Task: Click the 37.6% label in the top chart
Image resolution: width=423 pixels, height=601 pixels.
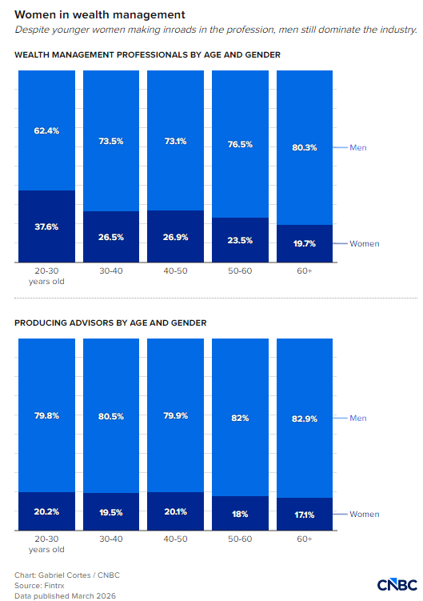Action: [x=46, y=226]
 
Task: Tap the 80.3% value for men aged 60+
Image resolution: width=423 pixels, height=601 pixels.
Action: [x=305, y=147]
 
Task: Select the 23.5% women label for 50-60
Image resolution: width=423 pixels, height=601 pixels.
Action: [x=240, y=240]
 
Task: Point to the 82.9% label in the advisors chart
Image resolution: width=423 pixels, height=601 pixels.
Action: [x=305, y=419]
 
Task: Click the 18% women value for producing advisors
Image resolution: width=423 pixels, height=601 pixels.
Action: [x=240, y=514]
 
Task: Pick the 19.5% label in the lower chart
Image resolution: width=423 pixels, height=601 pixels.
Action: [x=111, y=512]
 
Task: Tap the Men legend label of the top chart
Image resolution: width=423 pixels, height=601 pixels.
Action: [x=358, y=147]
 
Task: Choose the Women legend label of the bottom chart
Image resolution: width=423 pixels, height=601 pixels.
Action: [x=365, y=514]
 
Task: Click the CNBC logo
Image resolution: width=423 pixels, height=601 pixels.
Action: [x=397, y=585]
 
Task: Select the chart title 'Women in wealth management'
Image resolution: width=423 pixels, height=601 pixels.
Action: [x=100, y=14]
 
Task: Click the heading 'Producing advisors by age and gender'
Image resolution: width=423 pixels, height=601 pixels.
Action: [x=110, y=323]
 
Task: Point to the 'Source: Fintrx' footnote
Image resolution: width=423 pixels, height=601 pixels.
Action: [x=39, y=585]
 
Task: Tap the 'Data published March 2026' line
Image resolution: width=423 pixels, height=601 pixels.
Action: [x=65, y=595]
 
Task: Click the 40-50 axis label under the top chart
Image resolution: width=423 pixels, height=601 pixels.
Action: [x=175, y=270]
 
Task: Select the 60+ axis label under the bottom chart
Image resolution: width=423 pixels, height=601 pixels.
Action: [x=305, y=539]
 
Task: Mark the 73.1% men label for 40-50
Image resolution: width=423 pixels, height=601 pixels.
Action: [x=175, y=141]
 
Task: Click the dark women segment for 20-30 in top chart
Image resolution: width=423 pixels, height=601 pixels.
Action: [x=46, y=226]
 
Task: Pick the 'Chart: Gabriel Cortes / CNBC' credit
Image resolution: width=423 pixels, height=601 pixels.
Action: [x=67, y=575]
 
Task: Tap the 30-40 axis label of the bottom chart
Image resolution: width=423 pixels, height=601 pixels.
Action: [x=111, y=539]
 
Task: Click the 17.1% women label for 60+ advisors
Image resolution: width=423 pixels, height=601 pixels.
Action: [x=305, y=515]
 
